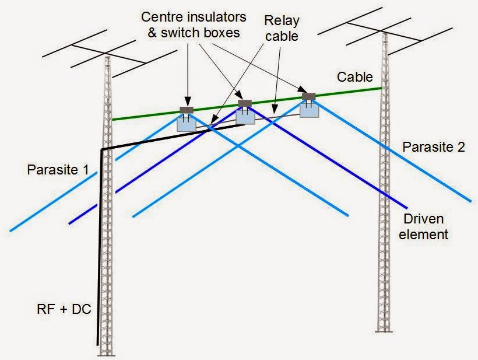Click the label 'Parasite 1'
coord(58,170)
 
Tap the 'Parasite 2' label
coord(434,147)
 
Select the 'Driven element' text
coord(423,227)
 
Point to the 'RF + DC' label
coord(64,309)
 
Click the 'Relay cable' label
coord(282,29)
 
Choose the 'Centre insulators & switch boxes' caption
coord(194,25)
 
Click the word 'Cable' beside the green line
coord(355,77)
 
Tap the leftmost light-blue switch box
coord(187,125)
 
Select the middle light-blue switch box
coord(245,117)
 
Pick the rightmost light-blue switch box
coord(309,110)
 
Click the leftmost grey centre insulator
coord(187,110)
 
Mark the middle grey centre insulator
coord(245,103)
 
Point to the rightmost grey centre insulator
coord(309,96)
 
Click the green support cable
coord(247,104)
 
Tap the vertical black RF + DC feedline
coord(99,247)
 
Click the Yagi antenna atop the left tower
coord(110,54)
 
